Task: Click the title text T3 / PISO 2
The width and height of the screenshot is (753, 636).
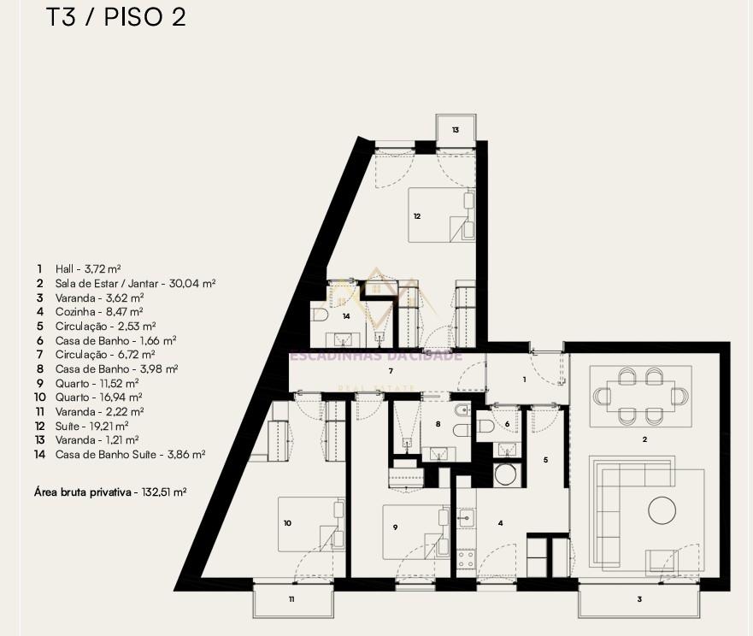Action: click(x=115, y=17)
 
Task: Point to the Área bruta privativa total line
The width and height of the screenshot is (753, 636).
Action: click(x=110, y=492)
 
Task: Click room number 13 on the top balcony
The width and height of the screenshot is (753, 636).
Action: click(x=456, y=130)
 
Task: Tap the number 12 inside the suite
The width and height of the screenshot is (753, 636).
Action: click(x=417, y=216)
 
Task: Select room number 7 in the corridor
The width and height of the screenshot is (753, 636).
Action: click(x=391, y=371)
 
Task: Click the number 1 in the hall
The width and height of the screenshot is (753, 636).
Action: click(x=524, y=380)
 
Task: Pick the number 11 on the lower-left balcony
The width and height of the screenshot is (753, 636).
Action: click(x=291, y=599)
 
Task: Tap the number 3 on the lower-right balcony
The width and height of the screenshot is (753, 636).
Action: click(x=639, y=599)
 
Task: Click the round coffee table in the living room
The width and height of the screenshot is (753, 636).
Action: click(x=662, y=510)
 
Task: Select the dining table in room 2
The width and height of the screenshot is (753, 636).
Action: click(x=641, y=397)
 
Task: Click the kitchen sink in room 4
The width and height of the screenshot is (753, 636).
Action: click(x=465, y=518)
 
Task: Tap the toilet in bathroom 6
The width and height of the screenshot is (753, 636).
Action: click(x=487, y=426)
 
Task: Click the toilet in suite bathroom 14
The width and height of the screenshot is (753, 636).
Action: click(x=320, y=315)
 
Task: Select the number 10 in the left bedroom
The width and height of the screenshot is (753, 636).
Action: click(x=287, y=523)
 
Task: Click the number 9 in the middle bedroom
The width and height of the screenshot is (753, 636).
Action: click(x=395, y=527)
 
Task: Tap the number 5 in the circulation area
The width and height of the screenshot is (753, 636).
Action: click(x=545, y=460)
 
